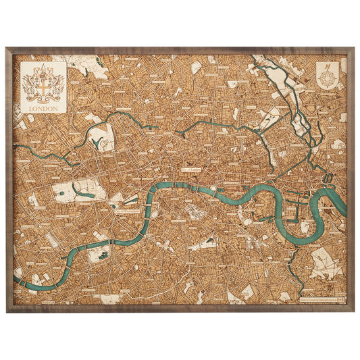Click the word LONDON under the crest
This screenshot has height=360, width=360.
coord(44,107)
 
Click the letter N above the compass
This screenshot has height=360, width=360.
coord(328,66)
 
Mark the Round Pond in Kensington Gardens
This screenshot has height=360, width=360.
coord(61,193)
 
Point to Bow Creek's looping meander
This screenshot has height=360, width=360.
coord(329,179)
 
